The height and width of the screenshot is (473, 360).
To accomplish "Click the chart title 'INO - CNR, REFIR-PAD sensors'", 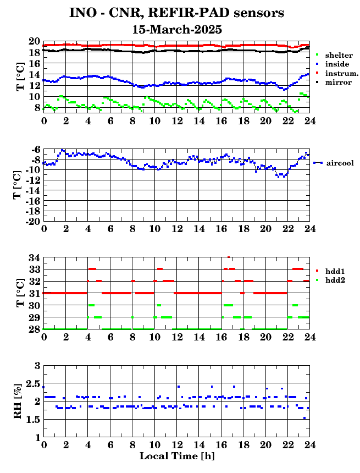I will (x=176, y=13).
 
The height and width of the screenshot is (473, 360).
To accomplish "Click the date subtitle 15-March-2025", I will (x=177, y=29).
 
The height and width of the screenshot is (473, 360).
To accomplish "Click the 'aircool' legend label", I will (x=339, y=163).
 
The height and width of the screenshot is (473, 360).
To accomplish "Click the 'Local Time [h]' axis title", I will (x=176, y=456).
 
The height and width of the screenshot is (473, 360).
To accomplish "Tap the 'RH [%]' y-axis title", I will (x=18, y=400).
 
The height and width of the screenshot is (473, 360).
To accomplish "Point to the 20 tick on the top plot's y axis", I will (x=34, y=41).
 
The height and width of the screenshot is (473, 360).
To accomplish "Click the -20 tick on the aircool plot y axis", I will (x=32, y=221).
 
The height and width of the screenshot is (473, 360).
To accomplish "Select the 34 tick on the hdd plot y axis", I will (x=34, y=257).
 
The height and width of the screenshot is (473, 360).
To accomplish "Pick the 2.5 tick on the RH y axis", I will (x=33, y=383).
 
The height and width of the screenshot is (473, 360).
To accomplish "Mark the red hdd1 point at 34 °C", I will (x=229, y=257).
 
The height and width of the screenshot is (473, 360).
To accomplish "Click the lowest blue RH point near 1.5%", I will (x=304, y=418).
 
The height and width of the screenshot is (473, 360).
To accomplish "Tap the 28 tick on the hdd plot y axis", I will (x=34, y=329).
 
